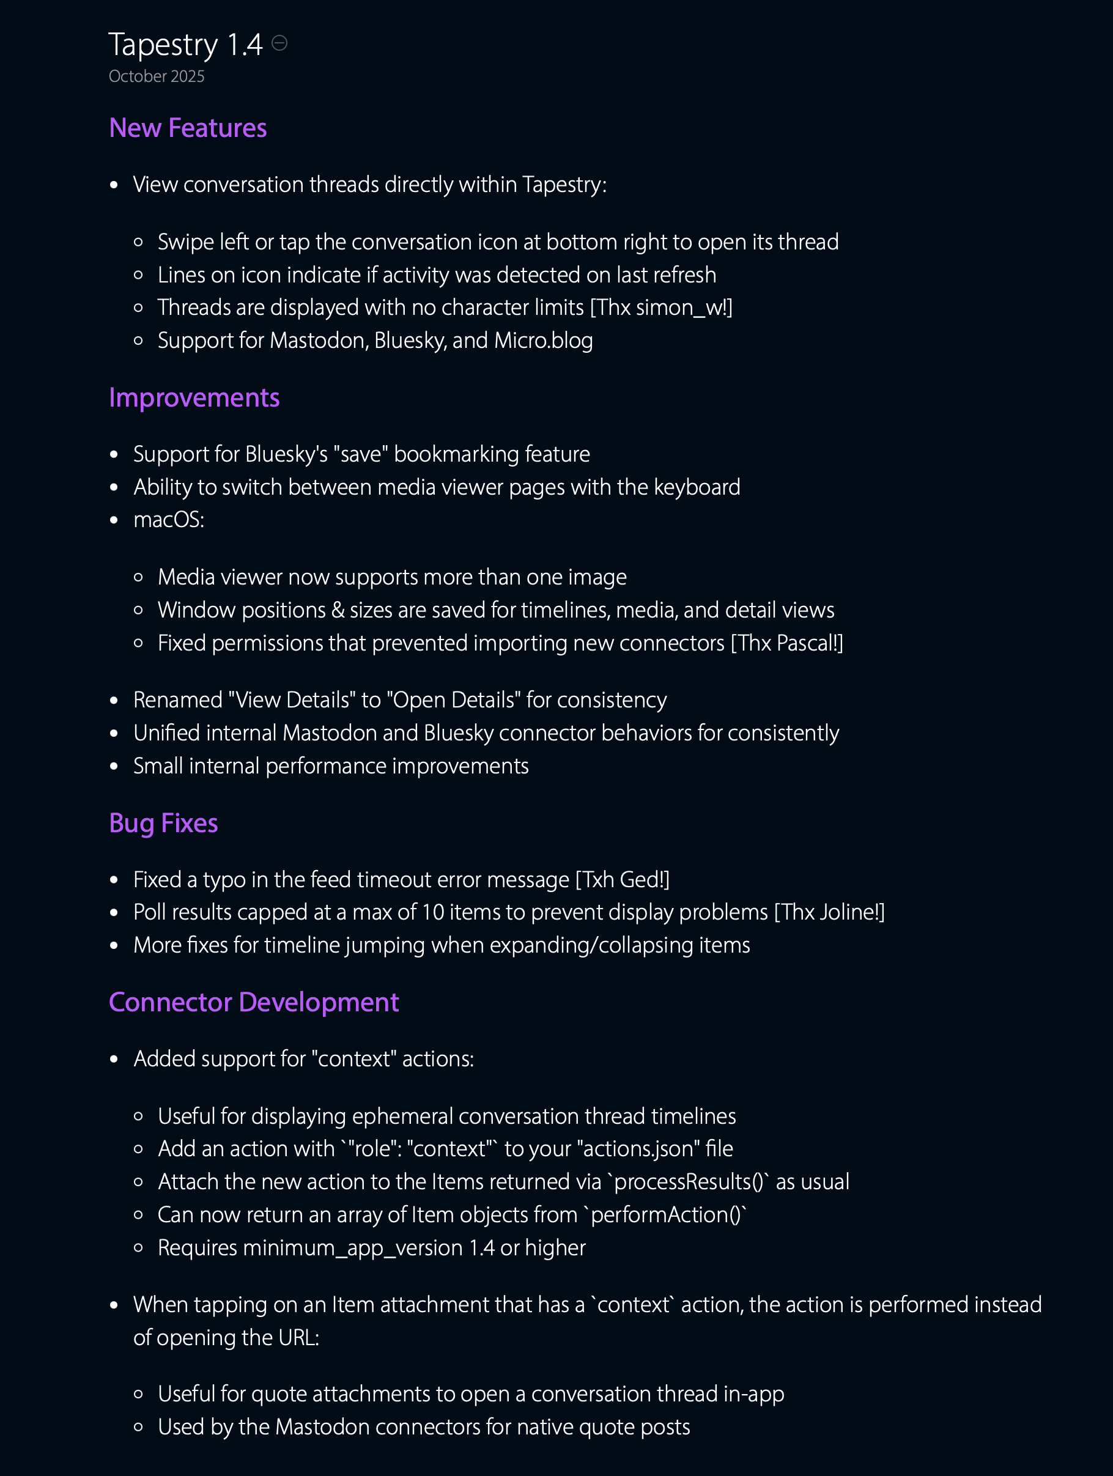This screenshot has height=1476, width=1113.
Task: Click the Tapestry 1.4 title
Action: (x=185, y=45)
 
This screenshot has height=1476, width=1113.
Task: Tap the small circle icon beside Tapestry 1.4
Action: (x=279, y=43)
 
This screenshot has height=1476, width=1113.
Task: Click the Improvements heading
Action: (x=193, y=397)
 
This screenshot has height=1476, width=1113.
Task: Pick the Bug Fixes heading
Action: (x=163, y=824)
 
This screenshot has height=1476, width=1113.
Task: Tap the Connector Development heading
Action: (x=254, y=1002)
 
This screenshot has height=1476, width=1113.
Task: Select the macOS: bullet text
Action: (x=169, y=520)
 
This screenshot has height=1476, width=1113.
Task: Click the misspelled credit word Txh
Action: (x=598, y=880)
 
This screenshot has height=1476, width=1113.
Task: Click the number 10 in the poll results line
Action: (x=433, y=913)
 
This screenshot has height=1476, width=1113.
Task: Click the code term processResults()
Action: (x=688, y=1183)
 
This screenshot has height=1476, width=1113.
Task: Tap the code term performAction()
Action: (x=665, y=1215)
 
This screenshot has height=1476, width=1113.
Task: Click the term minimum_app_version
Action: (x=352, y=1249)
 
